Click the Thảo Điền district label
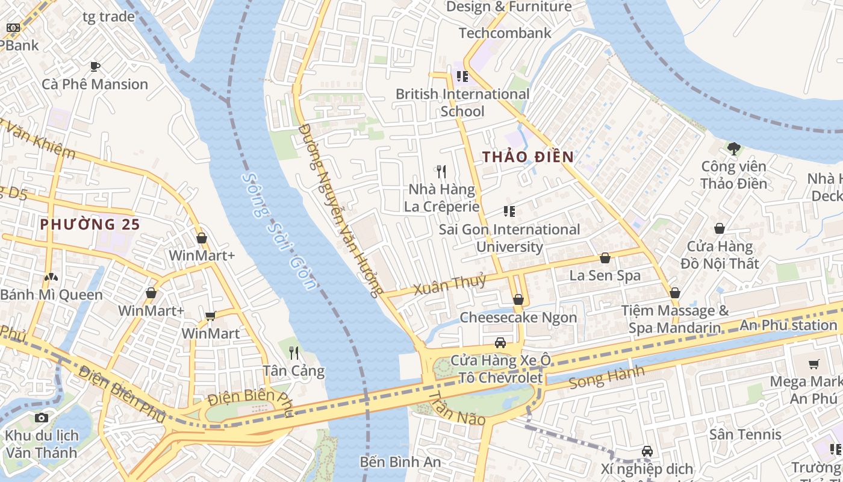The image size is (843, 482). tap(527, 157)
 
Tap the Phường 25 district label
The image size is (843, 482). tap(90, 224)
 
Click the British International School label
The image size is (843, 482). tap(462, 102)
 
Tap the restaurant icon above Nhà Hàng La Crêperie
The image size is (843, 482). tap(442, 172)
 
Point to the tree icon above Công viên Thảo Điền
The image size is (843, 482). tap(733, 148)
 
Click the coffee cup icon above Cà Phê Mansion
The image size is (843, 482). tap(95, 66)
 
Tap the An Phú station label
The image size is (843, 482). tap(788, 325)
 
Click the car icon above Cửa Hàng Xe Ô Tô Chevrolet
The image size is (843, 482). tap(500, 343)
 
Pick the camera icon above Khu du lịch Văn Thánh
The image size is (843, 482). tap(42, 418)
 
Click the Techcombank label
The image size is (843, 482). tap(505, 33)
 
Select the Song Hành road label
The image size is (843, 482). tap(606, 377)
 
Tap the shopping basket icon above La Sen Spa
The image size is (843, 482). tap(605, 258)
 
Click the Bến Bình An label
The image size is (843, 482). tap(400, 462)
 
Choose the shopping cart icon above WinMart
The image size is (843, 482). tap(210, 316)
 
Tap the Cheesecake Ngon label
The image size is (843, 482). tap(518, 317)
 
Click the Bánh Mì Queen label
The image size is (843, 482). tap(51, 295)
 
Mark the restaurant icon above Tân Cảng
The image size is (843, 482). tap(294, 352)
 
